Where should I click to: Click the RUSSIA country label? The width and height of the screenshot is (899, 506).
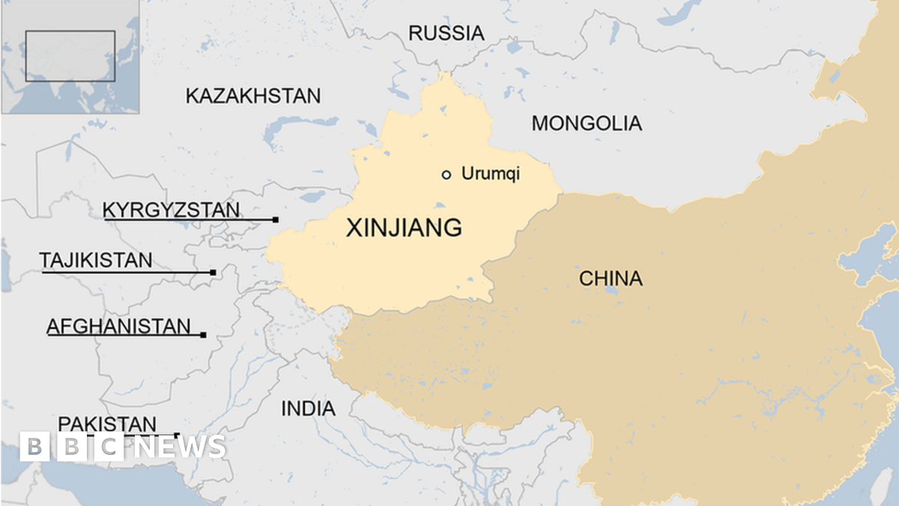click(x=446, y=33)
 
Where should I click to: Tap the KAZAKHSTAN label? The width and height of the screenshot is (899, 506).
click(x=253, y=96)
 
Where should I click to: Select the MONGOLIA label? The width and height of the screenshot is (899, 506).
click(x=587, y=124)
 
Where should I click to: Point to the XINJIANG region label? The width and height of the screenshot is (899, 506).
click(x=404, y=228)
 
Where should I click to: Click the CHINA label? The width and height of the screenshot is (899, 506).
click(x=611, y=279)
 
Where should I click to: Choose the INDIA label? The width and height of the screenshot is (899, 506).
click(x=308, y=409)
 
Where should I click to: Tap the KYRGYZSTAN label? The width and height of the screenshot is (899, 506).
click(x=172, y=210)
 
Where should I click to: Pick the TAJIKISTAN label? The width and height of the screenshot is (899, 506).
click(x=96, y=261)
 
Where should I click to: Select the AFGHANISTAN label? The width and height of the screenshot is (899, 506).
click(x=118, y=327)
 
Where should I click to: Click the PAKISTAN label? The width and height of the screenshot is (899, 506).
click(x=108, y=424)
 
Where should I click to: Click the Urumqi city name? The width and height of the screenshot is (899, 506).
click(x=491, y=175)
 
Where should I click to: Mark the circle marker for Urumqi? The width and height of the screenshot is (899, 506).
click(x=447, y=175)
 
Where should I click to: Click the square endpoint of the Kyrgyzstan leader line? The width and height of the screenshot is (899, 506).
click(x=276, y=220)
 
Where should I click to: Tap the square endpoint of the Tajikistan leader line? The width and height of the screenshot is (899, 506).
click(x=214, y=272)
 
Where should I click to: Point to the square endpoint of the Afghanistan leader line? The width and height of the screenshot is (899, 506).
click(x=203, y=335)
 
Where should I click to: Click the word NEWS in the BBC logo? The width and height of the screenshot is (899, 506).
click(x=182, y=448)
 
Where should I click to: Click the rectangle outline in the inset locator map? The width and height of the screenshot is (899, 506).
click(x=70, y=55)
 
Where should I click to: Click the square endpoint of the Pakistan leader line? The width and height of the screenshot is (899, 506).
click(x=177, y=435)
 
